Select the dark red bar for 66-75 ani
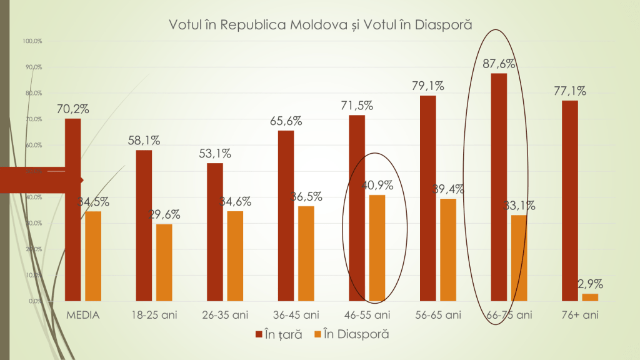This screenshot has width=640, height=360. pyautogui.click(x=499, y=187)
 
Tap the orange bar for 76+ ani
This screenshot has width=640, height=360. pyautogui.click(x=590, y=297)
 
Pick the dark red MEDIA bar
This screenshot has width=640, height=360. pyautogui.click(x=73, y=209)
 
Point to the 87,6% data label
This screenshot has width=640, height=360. pyautogui.click(x=499, y=64)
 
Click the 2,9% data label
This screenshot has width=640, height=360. pyautogui.click(x=590, y=284)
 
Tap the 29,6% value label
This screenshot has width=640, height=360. pyautogui.click(x=164, y=214)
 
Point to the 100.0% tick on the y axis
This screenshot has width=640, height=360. pyautogui.click(x=32, y=41)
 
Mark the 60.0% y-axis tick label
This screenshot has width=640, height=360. pyautogui.click(x=33, y=145)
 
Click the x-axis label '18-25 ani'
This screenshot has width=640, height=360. pyautogui.click(x=154, y=314)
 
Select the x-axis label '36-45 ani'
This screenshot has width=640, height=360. pyautogui.click(x=296, y=314)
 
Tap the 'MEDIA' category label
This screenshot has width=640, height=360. pyautogui.click(x=83, y=314)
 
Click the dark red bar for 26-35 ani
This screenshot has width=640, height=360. pyautogui.click(x=215, y=231)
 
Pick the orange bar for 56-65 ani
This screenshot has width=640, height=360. pyautogui.click(x=448, y=249)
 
